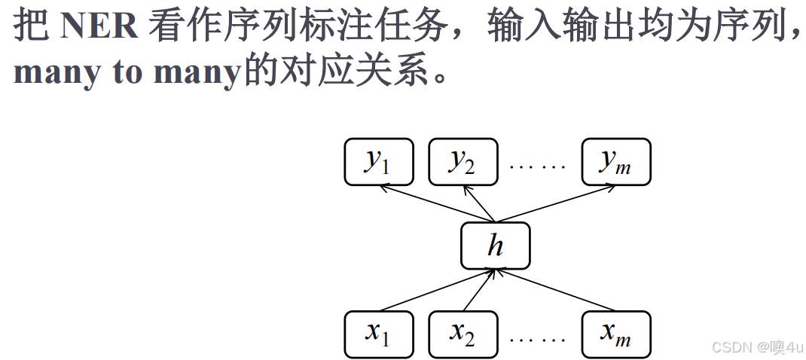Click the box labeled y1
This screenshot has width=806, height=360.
click(x=379, y=161)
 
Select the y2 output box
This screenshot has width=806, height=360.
click(x=463, y=161)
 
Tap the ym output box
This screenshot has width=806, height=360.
click(x=616, y=161)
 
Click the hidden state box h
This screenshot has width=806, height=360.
click(x=495, y=246)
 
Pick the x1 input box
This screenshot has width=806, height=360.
click(x=379, y=333)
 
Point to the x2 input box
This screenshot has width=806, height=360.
click(x=463, y=333)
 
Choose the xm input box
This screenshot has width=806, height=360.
click(x=616, y=333)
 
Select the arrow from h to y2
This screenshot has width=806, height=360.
click(x=482, y=204)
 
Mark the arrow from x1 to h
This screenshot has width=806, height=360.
click(x=437, y=289)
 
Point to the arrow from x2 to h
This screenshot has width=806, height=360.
click(x=480, y=289)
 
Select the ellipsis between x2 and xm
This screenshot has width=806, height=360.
click(x=537, y=338)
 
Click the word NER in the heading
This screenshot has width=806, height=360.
click(x=99, y=27)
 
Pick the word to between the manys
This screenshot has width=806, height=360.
click(x=129, y=72)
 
